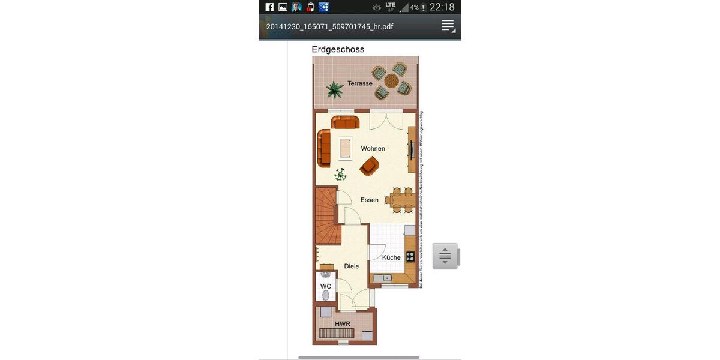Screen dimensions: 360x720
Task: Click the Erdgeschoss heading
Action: tap(338, 50)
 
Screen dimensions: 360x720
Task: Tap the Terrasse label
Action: tap(360, 83)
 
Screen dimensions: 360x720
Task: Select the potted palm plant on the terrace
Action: tap(335, 91)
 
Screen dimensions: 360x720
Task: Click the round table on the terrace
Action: tap(391, 80)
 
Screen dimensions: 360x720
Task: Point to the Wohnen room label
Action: tap(373, 148)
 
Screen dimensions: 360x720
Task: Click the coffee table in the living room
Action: tap(346, 148)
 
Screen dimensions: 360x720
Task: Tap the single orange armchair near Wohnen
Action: tap(370, 166)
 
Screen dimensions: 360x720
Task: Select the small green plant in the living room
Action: tap(341, 175)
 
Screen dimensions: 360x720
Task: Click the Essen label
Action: tap(370, 200)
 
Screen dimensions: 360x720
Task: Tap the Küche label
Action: tap(391, 257)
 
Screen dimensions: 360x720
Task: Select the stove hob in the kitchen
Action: tap(410, 256)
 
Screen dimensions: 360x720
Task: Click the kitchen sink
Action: tap(382, 278)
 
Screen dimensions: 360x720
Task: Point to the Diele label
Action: tap(352, 266)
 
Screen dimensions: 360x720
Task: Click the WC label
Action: tap(325, 286)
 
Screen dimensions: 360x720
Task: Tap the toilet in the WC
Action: tap(326, 295)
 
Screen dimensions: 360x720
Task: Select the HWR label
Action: tap(343, 323)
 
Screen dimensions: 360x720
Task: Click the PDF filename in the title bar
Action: tap(329, 27)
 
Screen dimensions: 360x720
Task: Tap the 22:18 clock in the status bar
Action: tap(442, 7)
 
